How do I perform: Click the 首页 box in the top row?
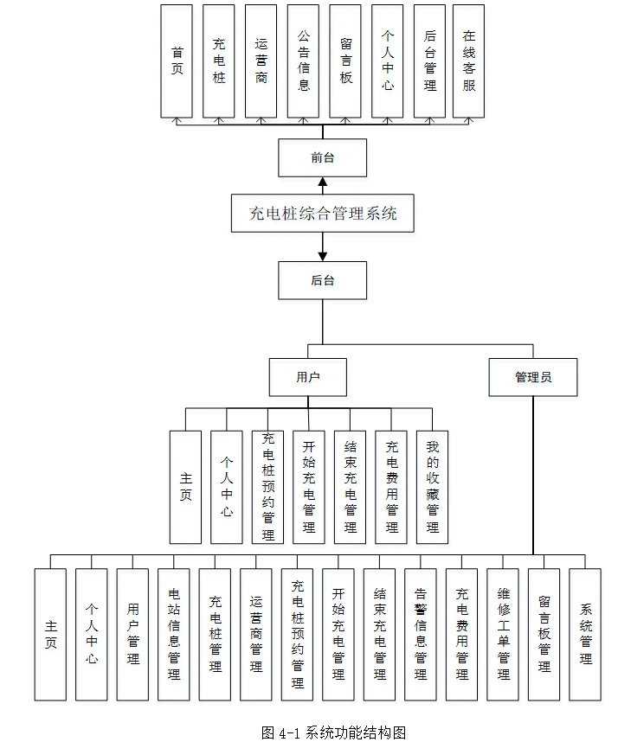point(177,61)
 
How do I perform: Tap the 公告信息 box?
point(303,61)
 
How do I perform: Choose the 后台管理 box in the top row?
point(430,61)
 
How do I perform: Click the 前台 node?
point(322,158)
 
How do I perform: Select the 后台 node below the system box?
point(322,280)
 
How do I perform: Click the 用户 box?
point(308,377)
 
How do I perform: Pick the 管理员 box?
point(532,377)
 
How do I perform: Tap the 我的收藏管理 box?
point(432,487)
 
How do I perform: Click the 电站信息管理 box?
point(174,634)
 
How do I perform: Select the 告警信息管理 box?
point(421,634)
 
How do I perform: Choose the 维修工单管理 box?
point(503,634)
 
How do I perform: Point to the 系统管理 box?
point(585,634)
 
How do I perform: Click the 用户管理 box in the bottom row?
point(132,634)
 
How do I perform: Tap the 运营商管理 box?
point(256,634)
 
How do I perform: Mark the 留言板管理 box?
point(544,634)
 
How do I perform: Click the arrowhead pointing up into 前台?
point(322,182)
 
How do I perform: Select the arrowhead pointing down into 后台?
point(322,256)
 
